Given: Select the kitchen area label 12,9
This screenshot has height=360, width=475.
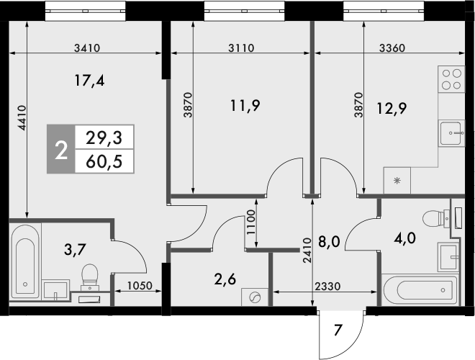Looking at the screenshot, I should pos(392,109).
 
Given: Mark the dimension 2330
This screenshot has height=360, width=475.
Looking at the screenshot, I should pos(326,286).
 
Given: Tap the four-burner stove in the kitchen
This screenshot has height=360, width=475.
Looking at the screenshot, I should pos(451,78).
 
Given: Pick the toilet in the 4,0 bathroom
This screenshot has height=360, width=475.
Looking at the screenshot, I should pos(435,217).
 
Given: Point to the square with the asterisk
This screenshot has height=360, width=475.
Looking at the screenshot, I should pos(397,181).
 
